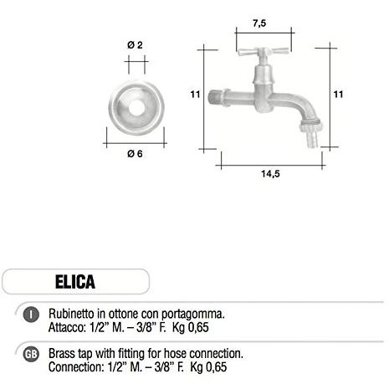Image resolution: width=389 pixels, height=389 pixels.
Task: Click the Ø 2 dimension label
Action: pos(134,43)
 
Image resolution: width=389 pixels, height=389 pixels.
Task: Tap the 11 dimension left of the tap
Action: pos(194,95)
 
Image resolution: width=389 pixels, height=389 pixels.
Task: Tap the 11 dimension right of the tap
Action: pos(339,95)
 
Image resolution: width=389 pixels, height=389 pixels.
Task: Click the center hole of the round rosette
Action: pos(134,110)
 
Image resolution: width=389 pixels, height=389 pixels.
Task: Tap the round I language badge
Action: pos(30,315)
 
